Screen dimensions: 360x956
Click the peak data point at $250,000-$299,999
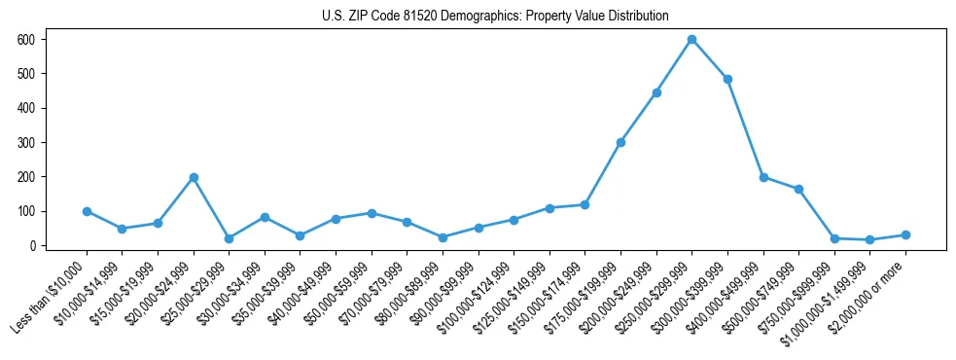[x=691, y=40]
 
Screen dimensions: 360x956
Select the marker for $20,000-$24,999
[x=194, y=177]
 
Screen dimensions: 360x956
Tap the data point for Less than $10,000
[x=87, y=211]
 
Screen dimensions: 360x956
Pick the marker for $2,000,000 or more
[x=905, y=234]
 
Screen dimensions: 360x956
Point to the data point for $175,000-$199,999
[x=620, y=142]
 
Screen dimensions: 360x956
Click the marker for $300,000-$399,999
[x=727, y=79]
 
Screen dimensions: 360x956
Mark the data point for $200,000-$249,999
[x=656, y=92]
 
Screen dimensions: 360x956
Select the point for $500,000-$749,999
[x=798, y=189]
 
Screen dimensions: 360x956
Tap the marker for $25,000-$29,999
[x=230, y=238]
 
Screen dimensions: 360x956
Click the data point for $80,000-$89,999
[x=443, y=237]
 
